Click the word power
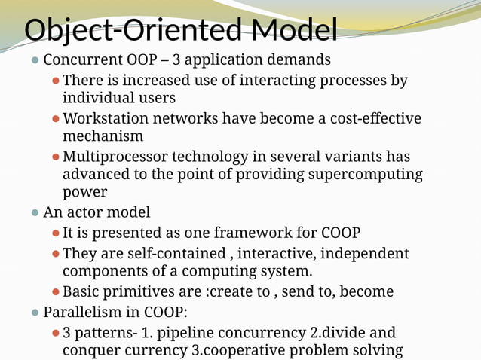[84, 193]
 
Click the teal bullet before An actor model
[34, 213]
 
